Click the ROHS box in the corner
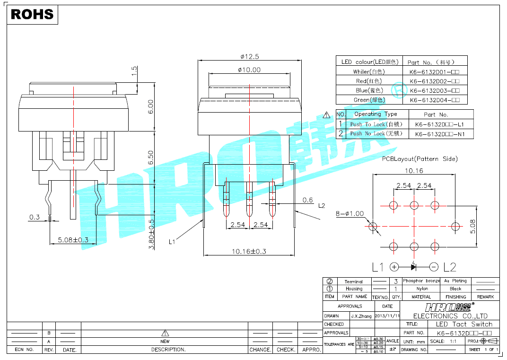click(32, 14)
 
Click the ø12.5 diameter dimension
click(250, 56)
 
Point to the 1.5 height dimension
click(134, 71)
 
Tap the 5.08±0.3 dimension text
click(73, 240)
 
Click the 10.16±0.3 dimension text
click(249, 251)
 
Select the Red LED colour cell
click(369, 81)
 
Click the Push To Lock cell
click(376, 124)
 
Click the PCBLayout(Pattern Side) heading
click(420, 159)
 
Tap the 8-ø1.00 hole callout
click(350, 213)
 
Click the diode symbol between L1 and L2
click(413, 267)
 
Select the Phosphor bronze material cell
click(421, 281)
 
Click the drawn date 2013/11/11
click(387, 316)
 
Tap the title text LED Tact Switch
click(463, 324)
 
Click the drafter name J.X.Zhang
click(361, 316)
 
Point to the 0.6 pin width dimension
click(308, 200)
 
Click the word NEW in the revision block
click(165, 341)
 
